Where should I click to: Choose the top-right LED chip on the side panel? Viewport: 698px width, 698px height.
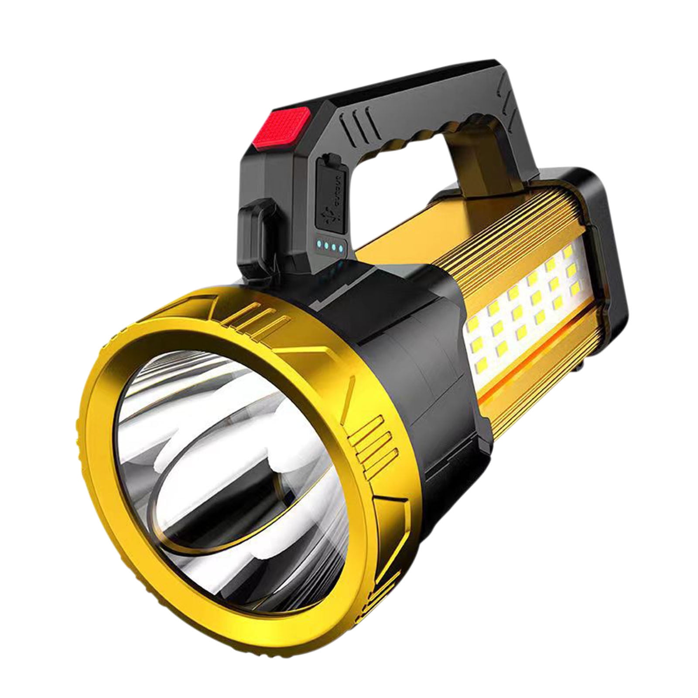click(x=568, y=253)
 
